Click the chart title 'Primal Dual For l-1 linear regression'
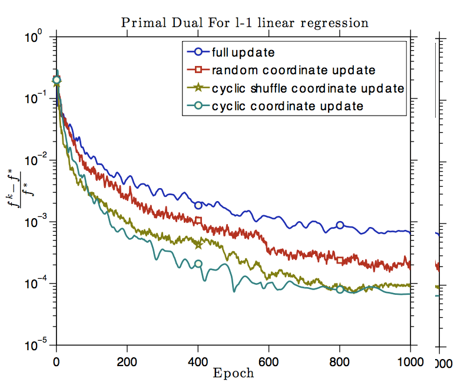[x=244, y=23]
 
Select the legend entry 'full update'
[x=243, y=52]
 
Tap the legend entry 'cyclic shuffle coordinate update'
[x=307, y=88]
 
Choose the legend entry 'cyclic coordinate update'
[x=287, y=106]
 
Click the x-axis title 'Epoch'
[x=234, y=373]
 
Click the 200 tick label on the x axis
[x=127, y=361]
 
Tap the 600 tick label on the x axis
[x=269, y=361]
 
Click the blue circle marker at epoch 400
[x=198, y=205]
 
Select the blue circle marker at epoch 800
[x=340, y=225]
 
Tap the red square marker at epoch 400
[x=198, y=221]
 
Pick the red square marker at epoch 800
[x=340, y=260]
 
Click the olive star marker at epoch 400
[x=198, y=244]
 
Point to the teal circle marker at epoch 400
[x=198, y=264]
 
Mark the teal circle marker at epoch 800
[x=340, y=289]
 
